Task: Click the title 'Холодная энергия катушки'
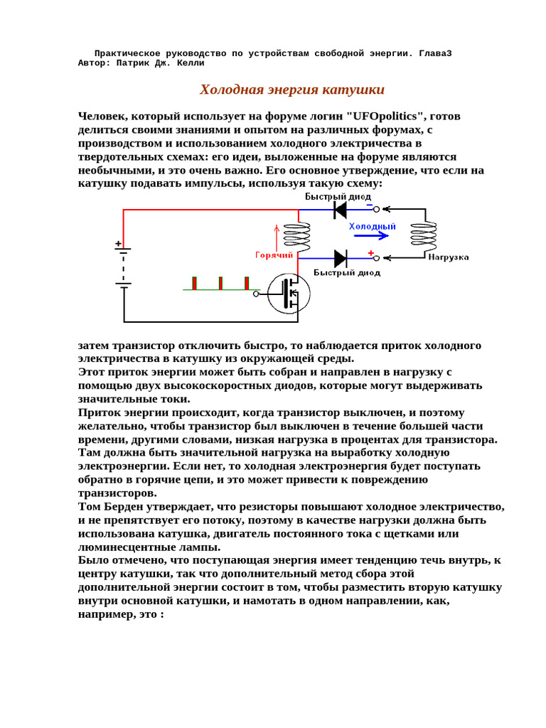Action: click(x=292, y=90)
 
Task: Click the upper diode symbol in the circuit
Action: click(x=340, y=209)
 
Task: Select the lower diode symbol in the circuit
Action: click(x=340, y=258)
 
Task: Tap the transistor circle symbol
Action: click(x=289, y=293)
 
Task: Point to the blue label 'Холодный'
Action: click(x=372, y=225)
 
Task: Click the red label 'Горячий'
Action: click(x=274, y=254)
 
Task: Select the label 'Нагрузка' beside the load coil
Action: click(x=449, y=256)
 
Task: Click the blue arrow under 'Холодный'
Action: click(x=372, y=235)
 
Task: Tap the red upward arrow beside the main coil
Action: click(x=277, y=236)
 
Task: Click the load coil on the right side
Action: click(x=426, y=234)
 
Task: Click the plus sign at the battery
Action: click(x=118, y=244)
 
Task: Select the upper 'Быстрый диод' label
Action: click(x=336, y=195)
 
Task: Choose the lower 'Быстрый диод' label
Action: click(x=347, y=272)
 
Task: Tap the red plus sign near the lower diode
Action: click(x=370, y=253)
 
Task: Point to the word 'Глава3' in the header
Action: click(x=434, y=53)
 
